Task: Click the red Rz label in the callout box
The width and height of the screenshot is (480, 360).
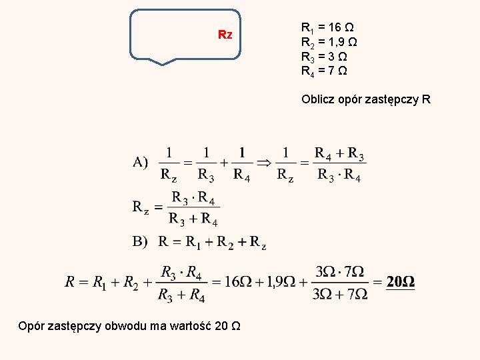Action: pos(225,35)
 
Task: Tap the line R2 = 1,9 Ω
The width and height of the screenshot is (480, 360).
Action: pos(329,42)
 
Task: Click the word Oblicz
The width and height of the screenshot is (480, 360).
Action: pos(317,100)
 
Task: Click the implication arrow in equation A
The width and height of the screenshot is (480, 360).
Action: pos(264,161)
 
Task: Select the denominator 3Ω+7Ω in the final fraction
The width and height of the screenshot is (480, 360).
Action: pos(340,294)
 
